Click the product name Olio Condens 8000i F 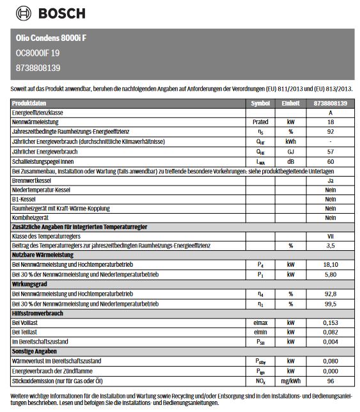point(51,38)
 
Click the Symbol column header point(260,103)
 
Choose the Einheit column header point(290,103)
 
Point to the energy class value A point(330,112)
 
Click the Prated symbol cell point(260,122)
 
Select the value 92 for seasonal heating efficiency point(330,131)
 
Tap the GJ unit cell point(290,151)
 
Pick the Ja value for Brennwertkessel point(330,180)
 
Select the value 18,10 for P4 point(330,264)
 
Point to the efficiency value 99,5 point(330,304)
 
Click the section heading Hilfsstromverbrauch point(39,313)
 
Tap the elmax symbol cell point(260,323)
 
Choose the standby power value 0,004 point(330,342)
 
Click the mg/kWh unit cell point(290,381)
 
